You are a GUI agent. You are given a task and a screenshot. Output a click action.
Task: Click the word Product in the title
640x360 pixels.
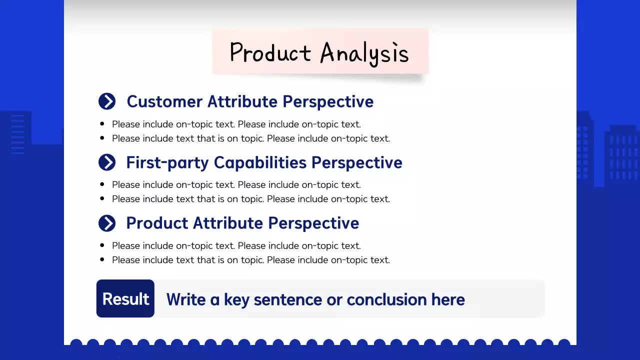click(270, 53)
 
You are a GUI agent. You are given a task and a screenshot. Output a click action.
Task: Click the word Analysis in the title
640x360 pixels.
click(364, 53)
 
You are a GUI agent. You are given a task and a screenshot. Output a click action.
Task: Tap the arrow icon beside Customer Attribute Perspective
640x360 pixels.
click(107, 101)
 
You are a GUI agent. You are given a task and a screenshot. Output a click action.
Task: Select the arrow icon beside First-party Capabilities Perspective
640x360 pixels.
click(107, 162)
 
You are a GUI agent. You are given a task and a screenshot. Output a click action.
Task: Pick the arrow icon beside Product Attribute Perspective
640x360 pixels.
click(107, 223)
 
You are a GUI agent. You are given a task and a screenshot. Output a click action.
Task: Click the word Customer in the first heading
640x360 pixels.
click(164, 101)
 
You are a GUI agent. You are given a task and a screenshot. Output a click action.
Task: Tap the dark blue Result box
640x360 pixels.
click(125, 298)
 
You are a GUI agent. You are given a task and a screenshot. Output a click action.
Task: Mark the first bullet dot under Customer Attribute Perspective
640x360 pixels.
click(102, 124)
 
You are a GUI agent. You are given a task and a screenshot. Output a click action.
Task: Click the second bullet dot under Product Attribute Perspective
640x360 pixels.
click(102, 259)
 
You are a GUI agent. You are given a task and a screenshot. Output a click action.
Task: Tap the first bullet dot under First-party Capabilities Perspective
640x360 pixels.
click(102, 184)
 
